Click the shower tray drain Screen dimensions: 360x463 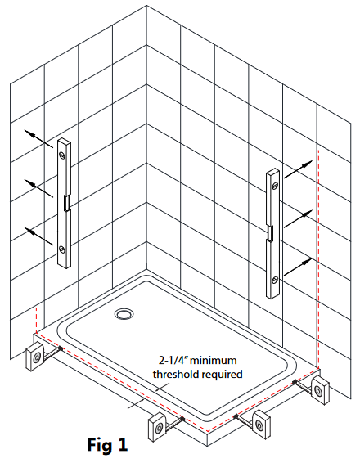click(x=124, y=313)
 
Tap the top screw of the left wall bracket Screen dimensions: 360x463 click(x=62, y=154)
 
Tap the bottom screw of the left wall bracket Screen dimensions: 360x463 click(x=61, y=249)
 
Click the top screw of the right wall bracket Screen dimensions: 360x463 click(x=275, y=186)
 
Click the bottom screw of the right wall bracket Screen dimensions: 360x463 click(x=275, y=280)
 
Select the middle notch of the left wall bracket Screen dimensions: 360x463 click(x=67, y=202)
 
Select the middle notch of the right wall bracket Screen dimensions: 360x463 click(x=270, y=232)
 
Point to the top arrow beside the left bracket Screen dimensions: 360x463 click(x=38, y=138)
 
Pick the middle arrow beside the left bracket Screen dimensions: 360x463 click(x=38, y=188)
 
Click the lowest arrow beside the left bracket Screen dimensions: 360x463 click(x=38, y=236)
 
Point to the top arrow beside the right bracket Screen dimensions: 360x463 click(x=299, y=169)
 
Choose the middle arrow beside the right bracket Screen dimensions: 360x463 click(x=299, y=218)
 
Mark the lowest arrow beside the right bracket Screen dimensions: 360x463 click(x=299, y=267)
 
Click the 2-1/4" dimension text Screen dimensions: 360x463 click(x=173, y=361)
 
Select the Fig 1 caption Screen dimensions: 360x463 click(x=107, y=444)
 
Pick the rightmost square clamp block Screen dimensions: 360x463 click(x=321, y=390)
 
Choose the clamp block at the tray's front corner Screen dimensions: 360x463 click(x=156, y=427)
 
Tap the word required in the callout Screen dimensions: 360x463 click(x=224, y=375)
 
